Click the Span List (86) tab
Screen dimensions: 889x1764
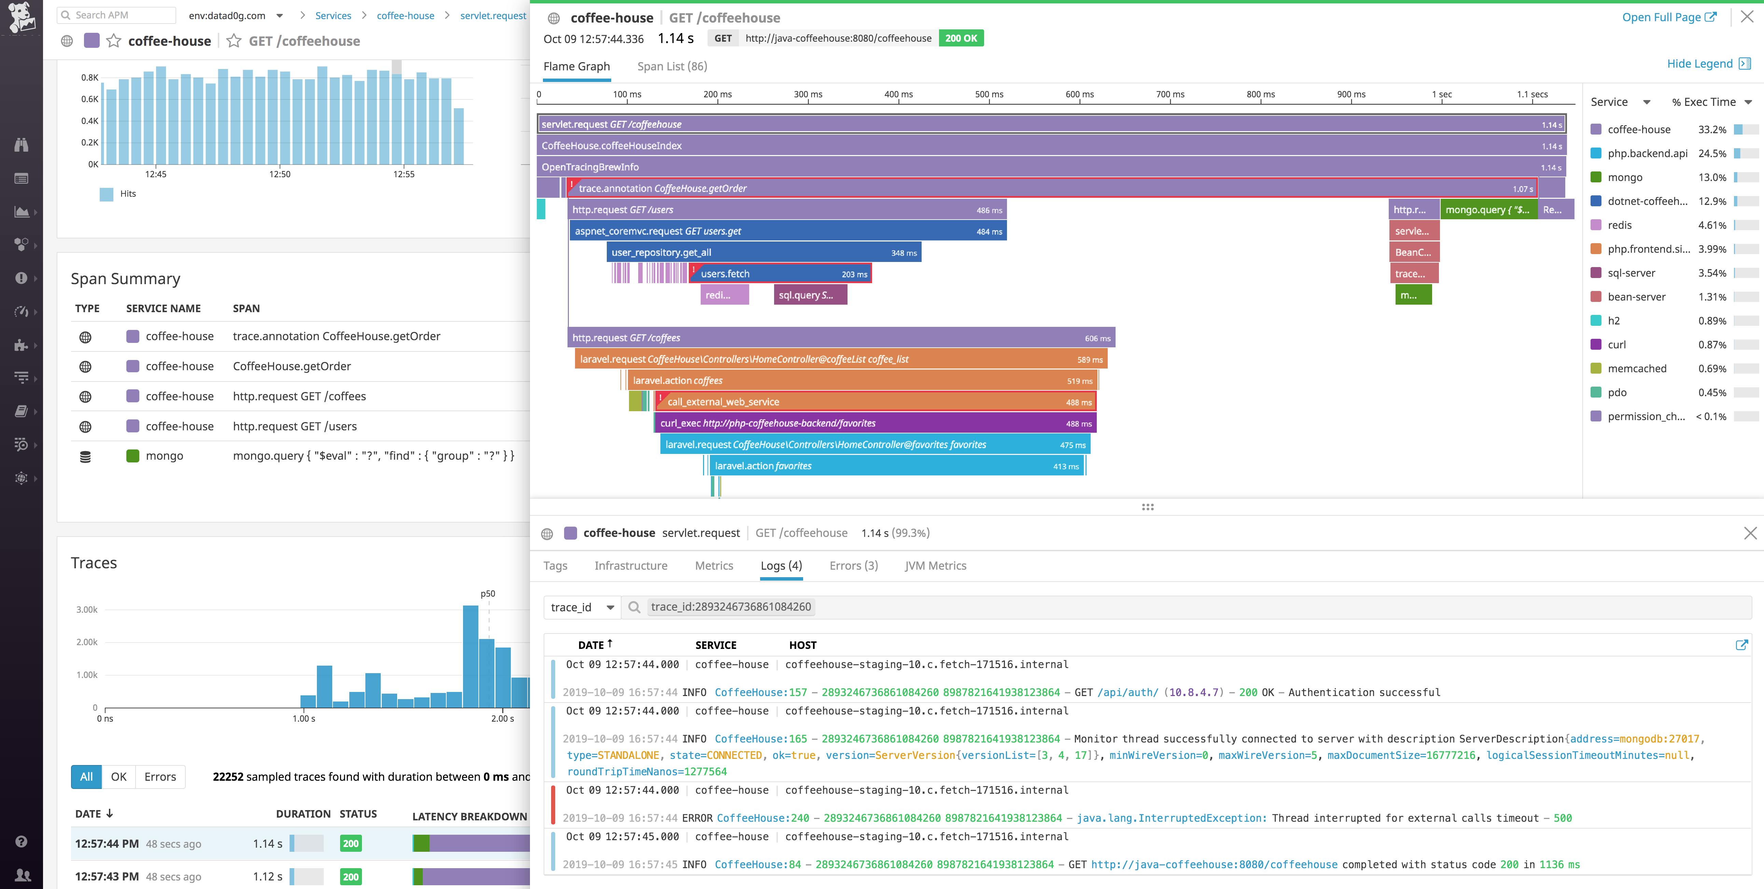[672, 67]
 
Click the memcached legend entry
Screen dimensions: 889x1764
[1637, 369]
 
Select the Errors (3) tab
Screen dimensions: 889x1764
[853, 566]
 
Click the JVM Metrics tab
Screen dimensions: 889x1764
[935, 566]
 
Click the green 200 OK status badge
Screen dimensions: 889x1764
[961, 38]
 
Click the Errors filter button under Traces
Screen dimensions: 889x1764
[160, 777]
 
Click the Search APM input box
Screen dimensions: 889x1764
[116, 15]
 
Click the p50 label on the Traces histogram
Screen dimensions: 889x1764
[488, 594]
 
